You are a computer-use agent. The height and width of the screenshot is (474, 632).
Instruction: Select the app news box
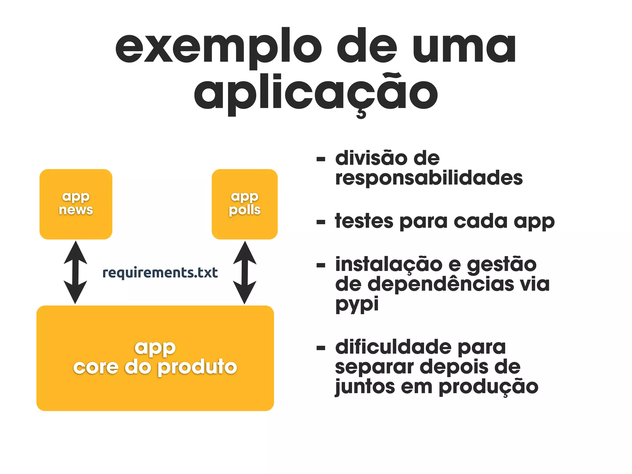tap(76, 204)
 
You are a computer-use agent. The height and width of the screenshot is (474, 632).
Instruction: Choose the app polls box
tap(244, 204)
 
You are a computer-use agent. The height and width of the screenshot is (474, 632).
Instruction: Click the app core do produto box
tap(155, 358)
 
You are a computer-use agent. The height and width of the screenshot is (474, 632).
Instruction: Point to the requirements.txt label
tap(160, 273)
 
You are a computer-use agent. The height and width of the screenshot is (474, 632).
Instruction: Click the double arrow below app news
tap(75, 272)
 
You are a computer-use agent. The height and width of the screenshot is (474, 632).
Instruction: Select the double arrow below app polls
tap(244, 272)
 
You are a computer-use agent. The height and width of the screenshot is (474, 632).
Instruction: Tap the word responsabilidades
tap(429, 178)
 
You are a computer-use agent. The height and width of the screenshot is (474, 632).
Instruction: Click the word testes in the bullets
tap(364, 221)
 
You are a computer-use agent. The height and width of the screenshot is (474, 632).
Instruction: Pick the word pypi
tap(357, 304)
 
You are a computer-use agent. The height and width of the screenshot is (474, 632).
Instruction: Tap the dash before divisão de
tap(321, 160)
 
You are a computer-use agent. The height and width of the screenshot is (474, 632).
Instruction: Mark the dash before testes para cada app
tap(321, 222)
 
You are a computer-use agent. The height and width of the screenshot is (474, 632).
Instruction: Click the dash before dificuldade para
tap(321, 348)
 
